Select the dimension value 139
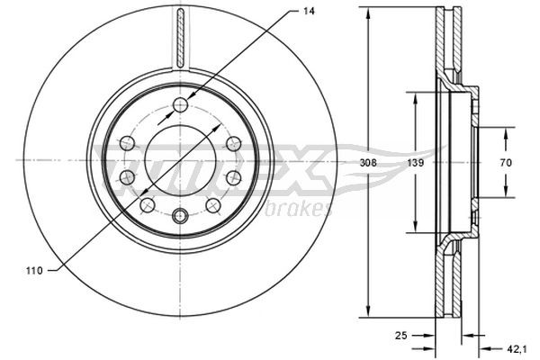[x=415, y=163]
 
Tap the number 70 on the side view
[x=506, y=163]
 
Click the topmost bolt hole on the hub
[x=180, y=104]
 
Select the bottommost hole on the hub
[x=180, y=215]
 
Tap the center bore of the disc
[x=180, y=160]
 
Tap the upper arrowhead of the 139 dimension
[x=415, y=97]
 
